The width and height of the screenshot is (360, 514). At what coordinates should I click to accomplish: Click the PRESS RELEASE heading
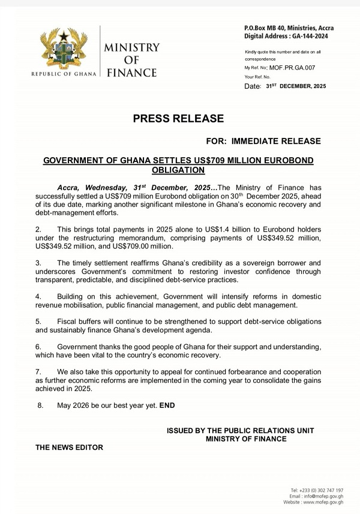click(178, 119)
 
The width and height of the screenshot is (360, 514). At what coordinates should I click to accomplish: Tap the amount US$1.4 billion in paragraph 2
click(203, 230)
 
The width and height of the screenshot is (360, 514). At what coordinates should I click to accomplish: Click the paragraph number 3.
click(38, 263)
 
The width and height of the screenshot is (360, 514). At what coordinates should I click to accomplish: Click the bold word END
click(167, 406)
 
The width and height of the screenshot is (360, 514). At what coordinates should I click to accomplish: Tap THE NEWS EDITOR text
click(69, 447)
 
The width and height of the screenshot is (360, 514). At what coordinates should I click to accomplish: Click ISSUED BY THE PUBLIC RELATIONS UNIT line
click(240, 431)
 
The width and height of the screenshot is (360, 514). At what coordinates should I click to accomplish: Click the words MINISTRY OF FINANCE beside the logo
click(131, 60)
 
